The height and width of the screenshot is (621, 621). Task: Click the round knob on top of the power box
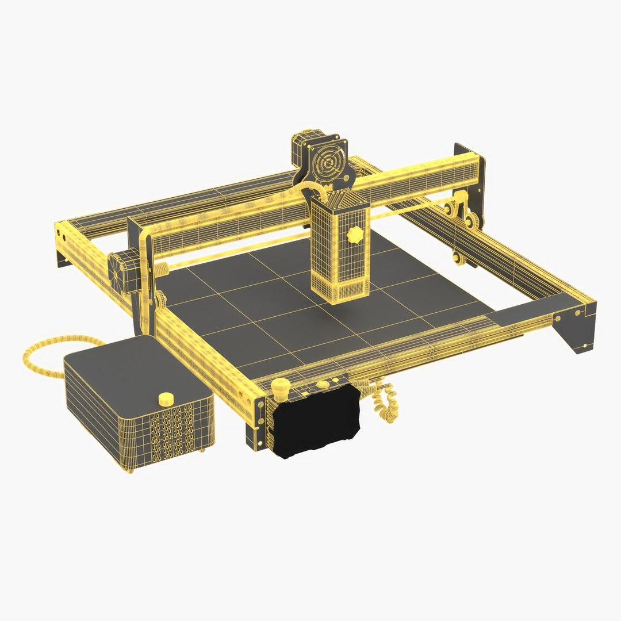pyautogui.click(x=166, y=398)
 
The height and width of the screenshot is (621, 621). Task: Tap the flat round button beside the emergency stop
pyautogui.click(x=323, y=384)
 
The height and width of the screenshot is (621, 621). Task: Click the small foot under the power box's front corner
pyautogui.click(x=130, y=470)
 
